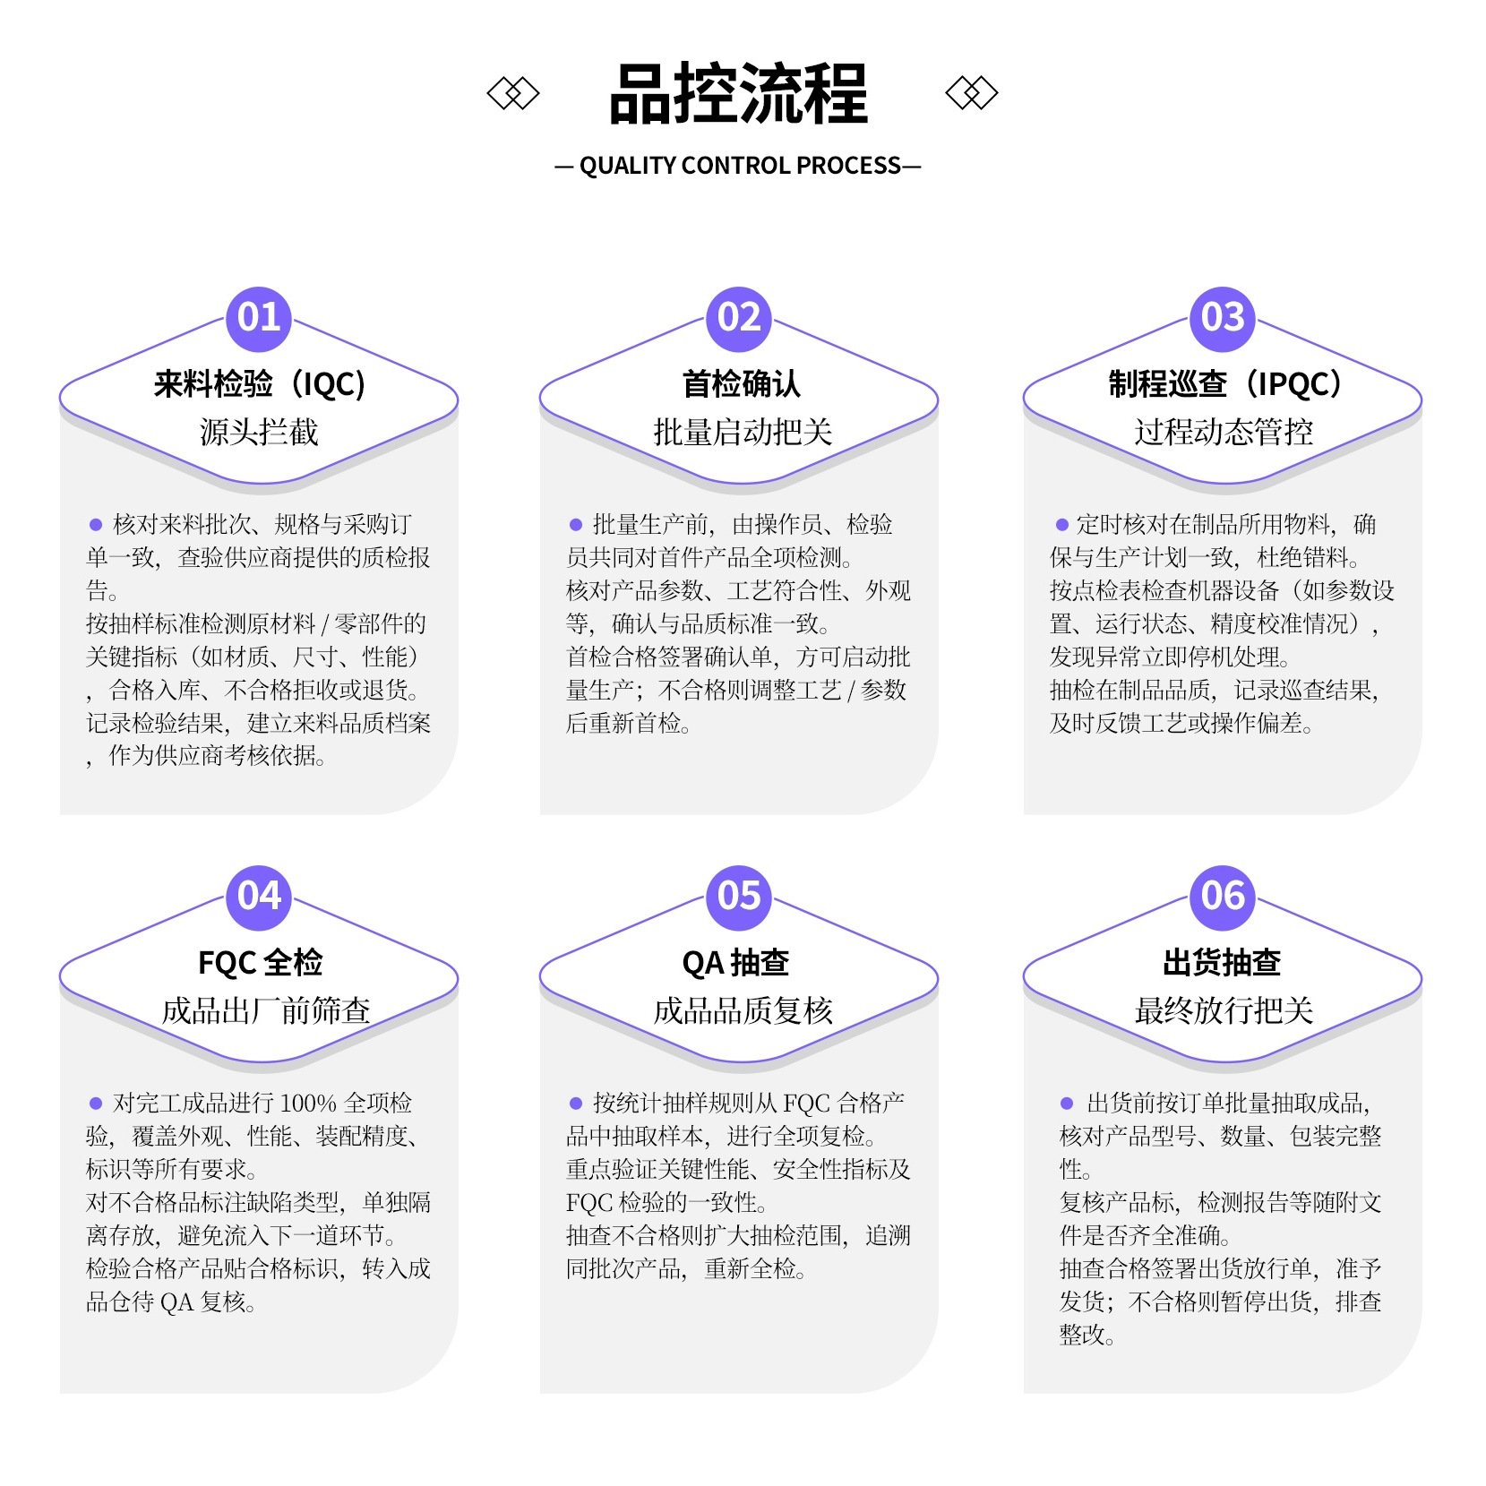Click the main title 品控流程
tap(738, 93)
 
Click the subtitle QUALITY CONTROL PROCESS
tap(739, 166)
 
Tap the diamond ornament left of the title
tap(513, 93)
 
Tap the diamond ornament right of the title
tap(972, 93)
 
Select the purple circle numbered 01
tap(259, 319)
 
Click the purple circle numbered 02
tap(739, 319)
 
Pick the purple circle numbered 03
tap(1223, 319)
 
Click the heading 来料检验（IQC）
tap(259, 384)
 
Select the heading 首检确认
tap(742, 384)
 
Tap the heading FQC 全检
tap(260, 963)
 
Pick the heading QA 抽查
tap(735, 963)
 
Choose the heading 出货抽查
tap(1222, 963)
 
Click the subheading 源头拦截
tap(259, 433)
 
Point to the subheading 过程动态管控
tap(1224, 433)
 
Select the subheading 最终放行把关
tap(1224, 1011)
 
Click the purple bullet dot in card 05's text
tap(576, 1104)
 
